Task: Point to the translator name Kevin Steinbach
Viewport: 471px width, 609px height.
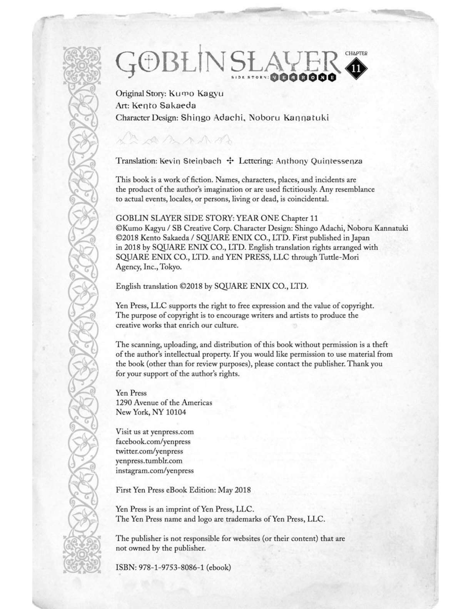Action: point(190,161)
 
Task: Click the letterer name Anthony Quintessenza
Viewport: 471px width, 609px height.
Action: point(319,161)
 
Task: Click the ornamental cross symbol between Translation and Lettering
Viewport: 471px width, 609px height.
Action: point(230,161)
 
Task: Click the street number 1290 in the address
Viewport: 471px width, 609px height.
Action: point(124,403)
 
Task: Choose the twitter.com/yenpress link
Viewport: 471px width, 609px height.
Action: point(149,451)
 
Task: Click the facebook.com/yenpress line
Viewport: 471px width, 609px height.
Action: point(153,441)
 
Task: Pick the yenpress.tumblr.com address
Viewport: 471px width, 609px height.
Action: point(149,461)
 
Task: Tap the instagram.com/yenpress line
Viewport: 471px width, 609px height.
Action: point(154,471)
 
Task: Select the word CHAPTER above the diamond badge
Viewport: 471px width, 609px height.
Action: point(356,53)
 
